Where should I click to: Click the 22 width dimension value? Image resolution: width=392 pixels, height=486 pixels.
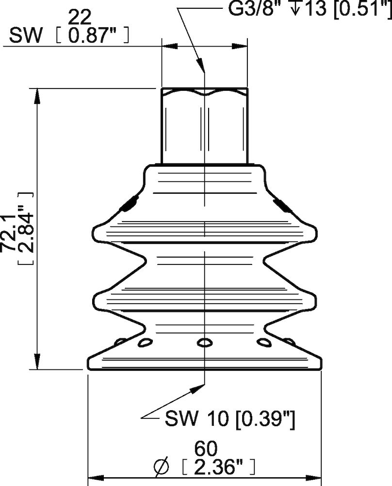tap(80, 18)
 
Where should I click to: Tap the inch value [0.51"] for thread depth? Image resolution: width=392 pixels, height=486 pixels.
tap(361, 8)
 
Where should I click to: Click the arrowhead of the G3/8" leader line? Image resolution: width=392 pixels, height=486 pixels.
tap(200, 66)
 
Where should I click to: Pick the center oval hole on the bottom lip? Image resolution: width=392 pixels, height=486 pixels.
tap(204, 343)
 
